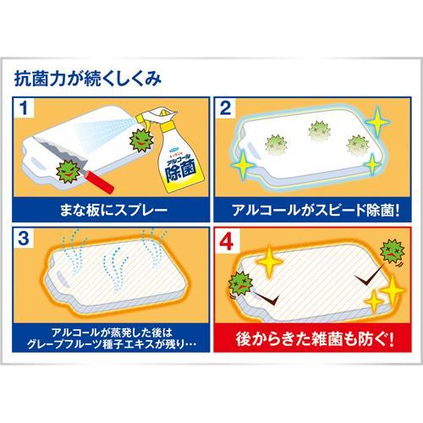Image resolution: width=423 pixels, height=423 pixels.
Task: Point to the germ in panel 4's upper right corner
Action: [391, 250]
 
